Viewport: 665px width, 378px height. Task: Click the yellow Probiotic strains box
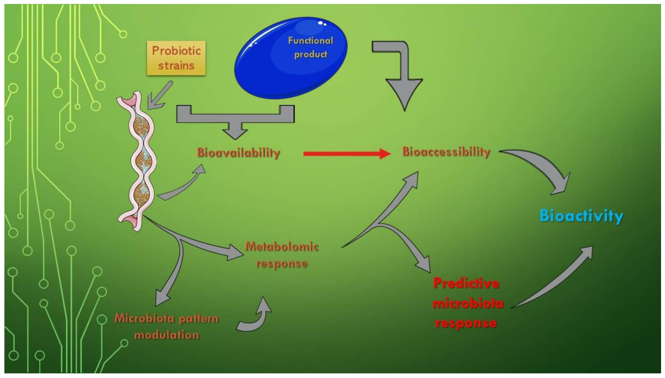coord(176,58)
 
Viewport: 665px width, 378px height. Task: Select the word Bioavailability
coord(239,153)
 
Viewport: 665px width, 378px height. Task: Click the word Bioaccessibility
coord(446,152)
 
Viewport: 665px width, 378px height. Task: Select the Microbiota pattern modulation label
coord(167,327)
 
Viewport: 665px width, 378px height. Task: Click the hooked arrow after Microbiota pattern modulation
coord(256,318)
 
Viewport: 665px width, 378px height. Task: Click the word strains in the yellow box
coord(176,66)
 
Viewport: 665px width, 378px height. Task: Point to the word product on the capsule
coord(310,55)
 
